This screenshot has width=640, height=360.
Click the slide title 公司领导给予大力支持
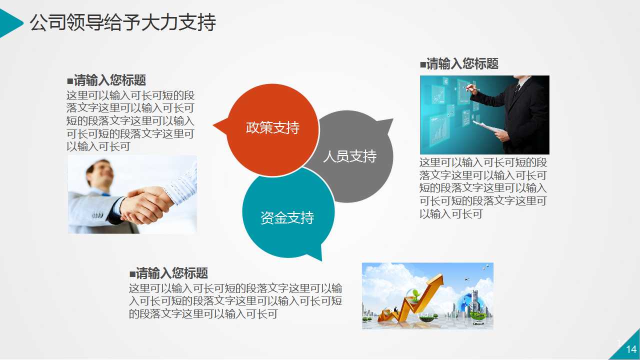click(x=122, y=23)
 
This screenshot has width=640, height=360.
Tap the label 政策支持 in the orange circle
click(x=272, y=128)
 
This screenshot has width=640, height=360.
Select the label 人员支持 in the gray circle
click(x=349, y=156)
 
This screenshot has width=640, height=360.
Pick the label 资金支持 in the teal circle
click(x=287, y=218)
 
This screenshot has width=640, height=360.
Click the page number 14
click(x=631, y=349)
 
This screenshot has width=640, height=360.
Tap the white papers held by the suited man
click(x=486, y=127)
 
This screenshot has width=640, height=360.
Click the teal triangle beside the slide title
click(x=10, y=23)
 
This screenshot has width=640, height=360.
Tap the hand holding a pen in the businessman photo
click(x=471, y=89)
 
